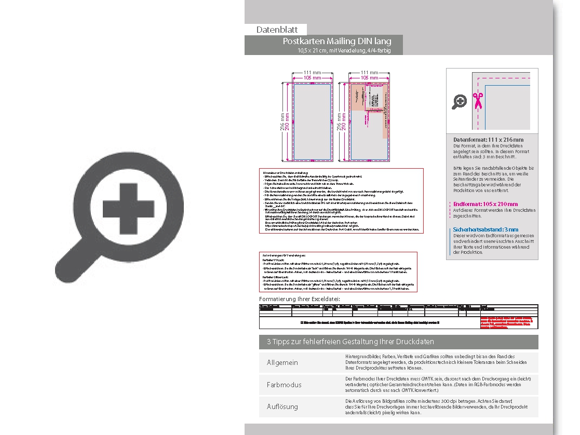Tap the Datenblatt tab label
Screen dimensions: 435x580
tap(276, 30)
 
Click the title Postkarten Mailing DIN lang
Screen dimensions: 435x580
tap(336, 41)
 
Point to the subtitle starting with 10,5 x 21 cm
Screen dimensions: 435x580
tap(343, 50)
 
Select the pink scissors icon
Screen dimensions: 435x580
tap(477, 100)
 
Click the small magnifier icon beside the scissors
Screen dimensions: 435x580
tap(459, 102)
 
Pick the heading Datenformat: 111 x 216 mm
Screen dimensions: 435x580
tap(488, 140)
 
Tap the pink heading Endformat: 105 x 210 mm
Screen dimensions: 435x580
tap(485, 204)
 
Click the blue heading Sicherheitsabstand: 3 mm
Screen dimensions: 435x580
tap(485, 229)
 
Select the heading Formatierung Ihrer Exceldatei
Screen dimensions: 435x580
tap(300, 299)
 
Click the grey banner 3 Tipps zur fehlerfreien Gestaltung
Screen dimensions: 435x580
tap(398, 342)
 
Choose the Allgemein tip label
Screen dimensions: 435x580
tap(282, 362)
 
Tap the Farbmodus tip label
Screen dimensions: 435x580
tap(284, 385)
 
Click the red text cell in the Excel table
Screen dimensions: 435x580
tap(508, 322)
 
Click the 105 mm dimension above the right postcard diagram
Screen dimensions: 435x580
tap(369, 77)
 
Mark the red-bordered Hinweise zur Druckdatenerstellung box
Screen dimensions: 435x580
tap(341, 201)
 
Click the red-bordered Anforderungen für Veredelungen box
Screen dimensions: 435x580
tap(338, 273)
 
